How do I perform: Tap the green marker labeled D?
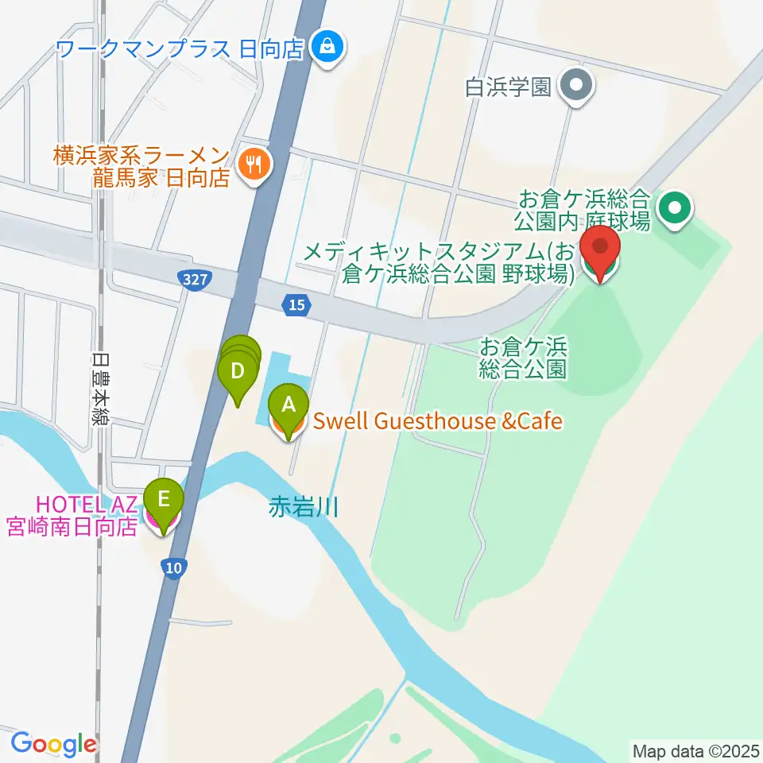click(237, 372)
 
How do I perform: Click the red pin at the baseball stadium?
click(601, 250)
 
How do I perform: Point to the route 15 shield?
click(296, 304)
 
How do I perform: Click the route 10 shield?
click(173, 567)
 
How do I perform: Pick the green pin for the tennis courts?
click(676, 209)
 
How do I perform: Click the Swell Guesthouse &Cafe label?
click(438, 420)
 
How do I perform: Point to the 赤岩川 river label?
click(304, 508)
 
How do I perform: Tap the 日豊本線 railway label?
click(99, 389)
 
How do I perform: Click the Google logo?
click(53, 745)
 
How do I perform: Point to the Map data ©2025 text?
click(695, 750)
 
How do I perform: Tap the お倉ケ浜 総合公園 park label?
click(522, 358)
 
